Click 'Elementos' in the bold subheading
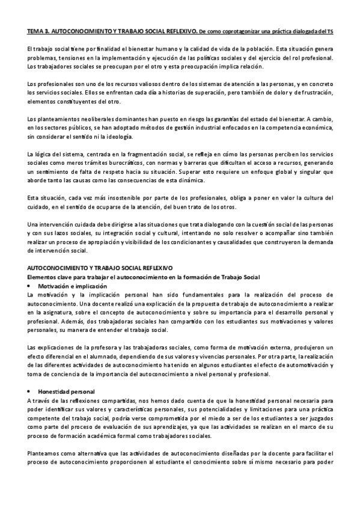point(43,276)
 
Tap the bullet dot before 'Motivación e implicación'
point(31,286)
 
